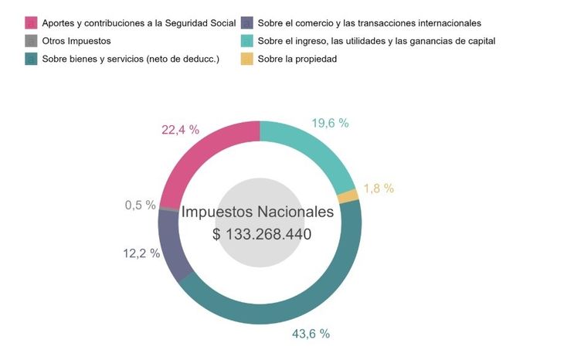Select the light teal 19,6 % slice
310,151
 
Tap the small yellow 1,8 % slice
350,196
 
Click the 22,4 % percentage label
181,130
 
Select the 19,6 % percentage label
330,123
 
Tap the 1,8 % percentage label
379,188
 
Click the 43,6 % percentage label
311,334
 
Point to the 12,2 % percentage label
141,253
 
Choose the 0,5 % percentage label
141,205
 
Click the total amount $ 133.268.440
262,234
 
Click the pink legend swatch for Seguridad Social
31,22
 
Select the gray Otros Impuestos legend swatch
31,41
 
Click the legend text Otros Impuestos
76,41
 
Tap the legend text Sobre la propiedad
297,59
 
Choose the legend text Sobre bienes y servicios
131,59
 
